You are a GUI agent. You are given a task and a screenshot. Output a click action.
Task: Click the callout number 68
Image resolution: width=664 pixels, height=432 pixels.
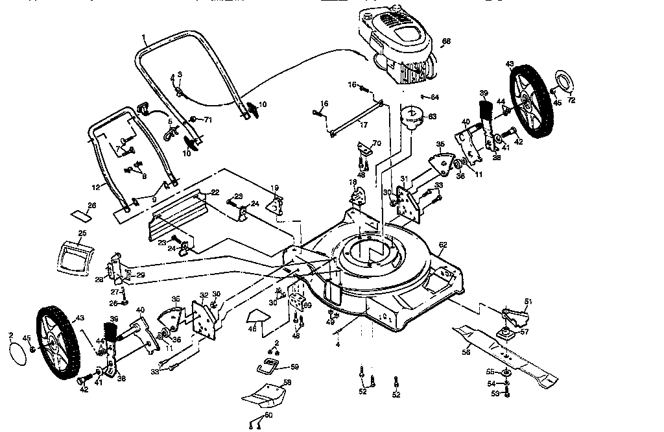click(x=446, y=42)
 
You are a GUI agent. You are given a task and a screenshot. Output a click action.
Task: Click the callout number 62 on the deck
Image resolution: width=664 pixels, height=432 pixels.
click(x=443, y=245)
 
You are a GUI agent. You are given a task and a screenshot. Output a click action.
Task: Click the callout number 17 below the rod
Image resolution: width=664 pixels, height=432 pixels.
click(x=363, y=124)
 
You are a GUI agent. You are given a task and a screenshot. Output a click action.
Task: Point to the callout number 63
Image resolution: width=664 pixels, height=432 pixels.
click(x=432, y=117)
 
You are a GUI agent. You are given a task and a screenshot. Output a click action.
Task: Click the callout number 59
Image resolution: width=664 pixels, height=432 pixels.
click(x=295, y=367)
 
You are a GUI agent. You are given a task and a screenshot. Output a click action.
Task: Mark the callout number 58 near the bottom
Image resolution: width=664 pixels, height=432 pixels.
click(x=287, y=383)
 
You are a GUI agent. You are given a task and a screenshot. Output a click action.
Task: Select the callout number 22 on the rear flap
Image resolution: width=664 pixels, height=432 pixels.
click(x=215, y=192)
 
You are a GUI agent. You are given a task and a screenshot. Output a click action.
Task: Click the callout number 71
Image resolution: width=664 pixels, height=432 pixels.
click(x=208, y=120)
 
